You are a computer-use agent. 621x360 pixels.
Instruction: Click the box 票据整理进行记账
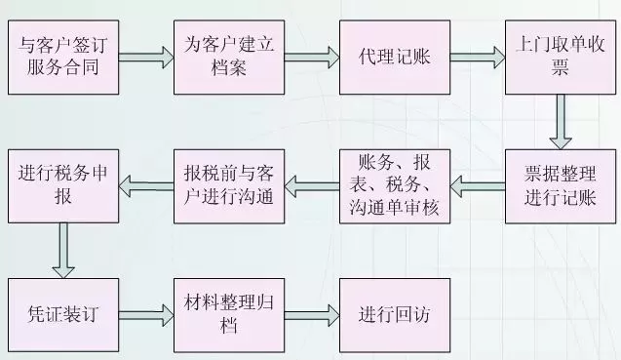[x=559, y=184]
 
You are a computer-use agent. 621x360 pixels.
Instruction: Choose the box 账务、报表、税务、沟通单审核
[x=394, y=184]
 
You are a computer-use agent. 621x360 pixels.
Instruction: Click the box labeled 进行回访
[x=394, y=315]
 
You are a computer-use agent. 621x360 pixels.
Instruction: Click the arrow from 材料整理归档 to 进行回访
[x=311, y=314]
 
